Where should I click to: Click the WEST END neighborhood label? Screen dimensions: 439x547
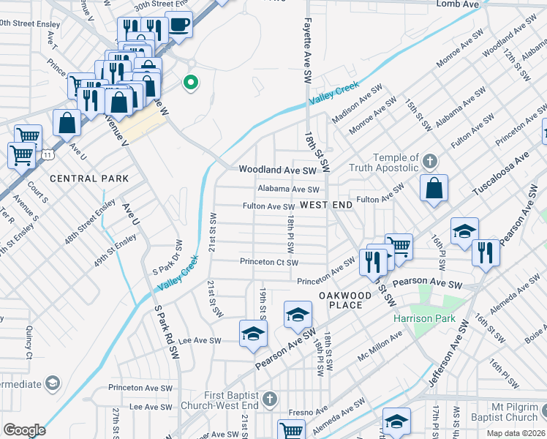pos(326,206)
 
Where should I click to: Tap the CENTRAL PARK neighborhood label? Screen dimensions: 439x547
pos(89,179)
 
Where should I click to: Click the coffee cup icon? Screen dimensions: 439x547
pos(178,25)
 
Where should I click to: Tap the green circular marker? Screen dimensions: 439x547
pos(191,83)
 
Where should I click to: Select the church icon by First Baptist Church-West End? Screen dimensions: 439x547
pos(270,399)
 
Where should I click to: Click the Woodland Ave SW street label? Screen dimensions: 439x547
pos(277,170)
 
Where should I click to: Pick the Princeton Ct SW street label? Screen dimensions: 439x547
pos(269,262)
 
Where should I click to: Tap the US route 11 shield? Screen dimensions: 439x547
pos(47,155)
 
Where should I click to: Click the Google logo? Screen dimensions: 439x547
pos(24,430)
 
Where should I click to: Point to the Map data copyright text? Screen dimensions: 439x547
pos(516,433)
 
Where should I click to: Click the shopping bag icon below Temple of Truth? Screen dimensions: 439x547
pos(434,188)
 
